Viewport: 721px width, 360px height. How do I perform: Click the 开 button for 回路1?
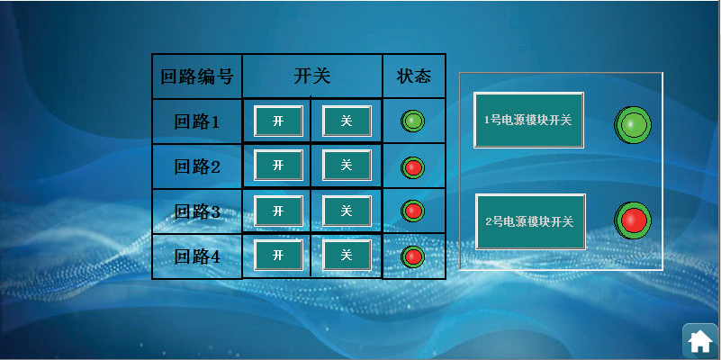tap(278, 121)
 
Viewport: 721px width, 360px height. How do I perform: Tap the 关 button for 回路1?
tap(347, 121)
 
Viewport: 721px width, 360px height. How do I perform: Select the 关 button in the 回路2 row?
tap(347, 165)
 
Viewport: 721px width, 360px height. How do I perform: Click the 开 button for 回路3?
tap(278, 211)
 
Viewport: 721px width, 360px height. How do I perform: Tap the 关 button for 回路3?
tap(347, 211)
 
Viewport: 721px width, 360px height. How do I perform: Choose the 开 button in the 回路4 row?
tap(278, 255)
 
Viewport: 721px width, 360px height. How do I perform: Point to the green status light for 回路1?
tap(412, 121)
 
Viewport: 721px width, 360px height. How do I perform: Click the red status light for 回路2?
tap(412, 167)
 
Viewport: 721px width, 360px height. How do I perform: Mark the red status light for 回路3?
tap(412, 211)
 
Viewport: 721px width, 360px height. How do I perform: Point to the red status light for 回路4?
tap(412, 256)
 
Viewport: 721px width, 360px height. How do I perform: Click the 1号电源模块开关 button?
tap(528, 120)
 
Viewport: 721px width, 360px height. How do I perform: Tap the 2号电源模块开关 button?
tap(530, 221)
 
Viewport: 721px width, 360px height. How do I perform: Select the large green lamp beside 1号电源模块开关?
tap(633, 124)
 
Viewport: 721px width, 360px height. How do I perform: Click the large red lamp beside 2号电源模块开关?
tap(633, 220)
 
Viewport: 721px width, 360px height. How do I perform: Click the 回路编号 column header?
tap(197, 76)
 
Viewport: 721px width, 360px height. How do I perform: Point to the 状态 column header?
tap(414, 76)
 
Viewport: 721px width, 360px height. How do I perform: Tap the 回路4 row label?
tap(197, 256)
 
